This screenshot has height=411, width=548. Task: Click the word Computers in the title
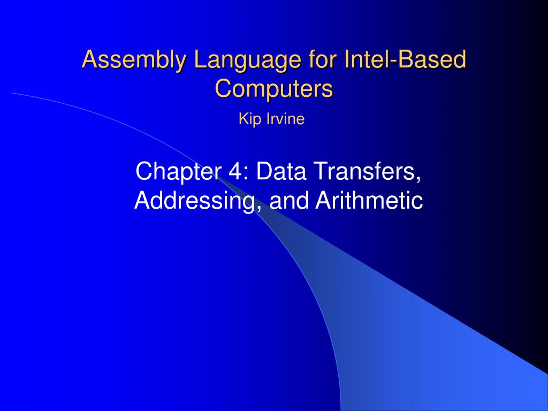pyautogui.click(x=274, y=88)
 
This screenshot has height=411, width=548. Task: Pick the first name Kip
pyautogui.click(x=247, y=119)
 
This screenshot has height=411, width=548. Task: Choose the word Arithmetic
pyautogui.click(x=369, y=201)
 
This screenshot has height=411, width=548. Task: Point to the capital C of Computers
pyautogui.click(x=223, y=88)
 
